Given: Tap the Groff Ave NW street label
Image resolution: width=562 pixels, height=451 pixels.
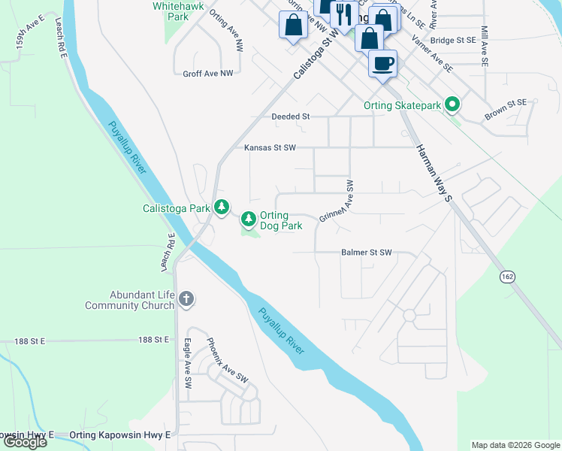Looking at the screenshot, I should [208, 74].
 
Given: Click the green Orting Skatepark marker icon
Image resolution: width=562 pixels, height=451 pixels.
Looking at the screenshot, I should [452, 105].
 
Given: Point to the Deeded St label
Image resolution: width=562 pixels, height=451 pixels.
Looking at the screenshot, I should [291, 117].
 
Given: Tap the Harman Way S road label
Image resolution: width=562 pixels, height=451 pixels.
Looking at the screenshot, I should [435, 174].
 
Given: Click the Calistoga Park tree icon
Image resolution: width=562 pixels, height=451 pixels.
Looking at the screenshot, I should [221, 207].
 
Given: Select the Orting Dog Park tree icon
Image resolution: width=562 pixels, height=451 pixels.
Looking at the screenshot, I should [248, 219].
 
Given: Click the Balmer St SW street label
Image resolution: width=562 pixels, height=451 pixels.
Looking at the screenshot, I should [367, 253].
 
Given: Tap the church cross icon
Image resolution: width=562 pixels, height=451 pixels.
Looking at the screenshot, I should [186, 300].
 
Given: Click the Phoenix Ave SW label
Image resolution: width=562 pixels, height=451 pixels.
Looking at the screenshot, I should [227, 359].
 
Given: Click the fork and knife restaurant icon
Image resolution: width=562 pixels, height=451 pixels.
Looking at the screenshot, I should [343, 14].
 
